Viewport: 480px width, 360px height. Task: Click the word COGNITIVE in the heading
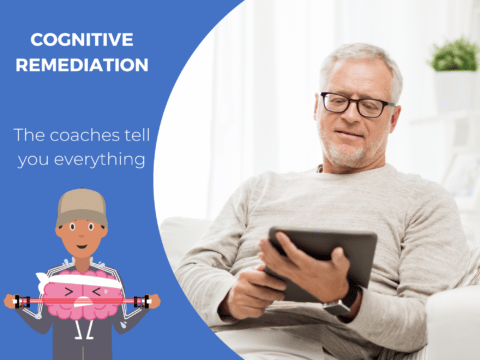[x=83, y=41]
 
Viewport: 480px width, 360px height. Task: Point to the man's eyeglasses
[x=356, y=103]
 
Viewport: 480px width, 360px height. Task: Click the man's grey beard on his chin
[x=350, y=155]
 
